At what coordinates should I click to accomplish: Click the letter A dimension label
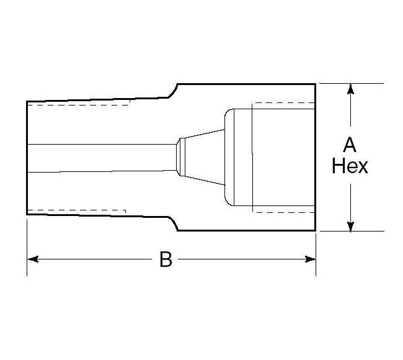tap(350, 145)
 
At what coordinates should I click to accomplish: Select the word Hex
tap(350, 166)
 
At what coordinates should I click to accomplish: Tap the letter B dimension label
tap(166, 259)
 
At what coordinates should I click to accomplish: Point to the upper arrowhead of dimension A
tap(351, 90)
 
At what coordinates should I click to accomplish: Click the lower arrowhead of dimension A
tap(351, 224)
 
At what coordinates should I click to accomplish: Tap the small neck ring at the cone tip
tap(179, 157)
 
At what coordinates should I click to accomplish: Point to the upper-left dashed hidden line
tap(77, 105)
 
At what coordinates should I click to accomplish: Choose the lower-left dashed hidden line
tap(77, 210)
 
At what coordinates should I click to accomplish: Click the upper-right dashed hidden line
tap(283, 102)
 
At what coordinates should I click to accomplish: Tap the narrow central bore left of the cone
tap(99, 158)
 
